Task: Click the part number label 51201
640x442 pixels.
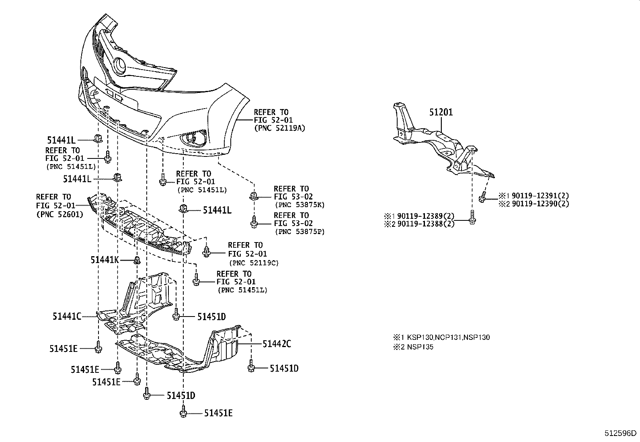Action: [441, 112]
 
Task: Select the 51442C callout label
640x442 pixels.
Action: [277, 343]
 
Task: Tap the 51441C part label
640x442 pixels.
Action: [67, 317]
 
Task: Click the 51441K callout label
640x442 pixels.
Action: [105, 260]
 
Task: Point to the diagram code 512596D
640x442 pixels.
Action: [621, 433]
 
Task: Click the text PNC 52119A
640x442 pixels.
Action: [279, 128]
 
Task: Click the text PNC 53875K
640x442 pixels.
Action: [299, 205]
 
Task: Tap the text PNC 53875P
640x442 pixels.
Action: [299, 232]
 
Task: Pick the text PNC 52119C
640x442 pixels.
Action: [254, 263]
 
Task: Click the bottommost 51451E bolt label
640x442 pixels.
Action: [218, 413]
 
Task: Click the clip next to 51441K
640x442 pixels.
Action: [137, 260]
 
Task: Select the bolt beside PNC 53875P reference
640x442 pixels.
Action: [254, 222]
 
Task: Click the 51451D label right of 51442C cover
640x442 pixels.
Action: [284, 368]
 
